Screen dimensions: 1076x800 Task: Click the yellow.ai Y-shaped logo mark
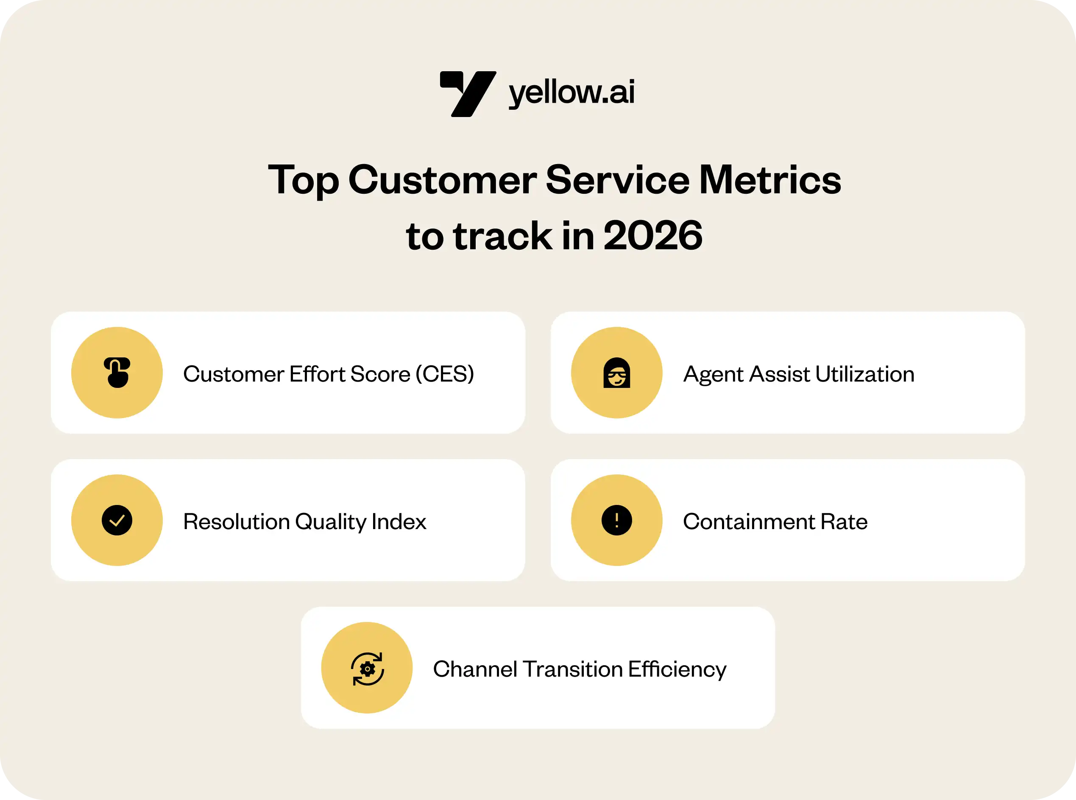468,94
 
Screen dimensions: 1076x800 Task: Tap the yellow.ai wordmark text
571,92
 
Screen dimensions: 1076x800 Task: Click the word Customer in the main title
442,180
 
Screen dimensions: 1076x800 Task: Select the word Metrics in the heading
770,180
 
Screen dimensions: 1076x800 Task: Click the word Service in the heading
617,180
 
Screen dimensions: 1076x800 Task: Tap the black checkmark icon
117,520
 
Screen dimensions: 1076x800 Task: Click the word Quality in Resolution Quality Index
331,522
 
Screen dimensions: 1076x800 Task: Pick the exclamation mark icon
616,520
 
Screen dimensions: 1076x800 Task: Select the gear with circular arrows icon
367,669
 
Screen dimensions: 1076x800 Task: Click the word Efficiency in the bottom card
677,670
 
